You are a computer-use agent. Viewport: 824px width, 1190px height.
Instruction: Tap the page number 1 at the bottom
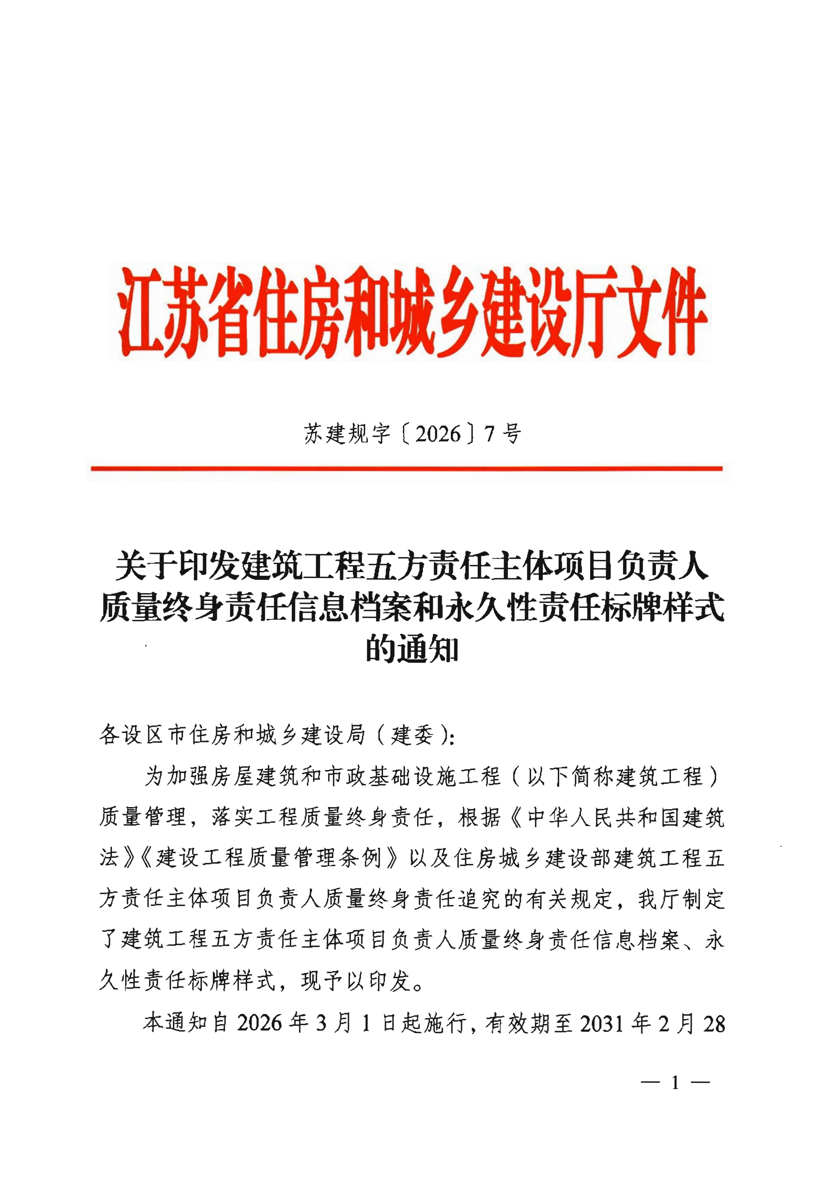pos(675,1083)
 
